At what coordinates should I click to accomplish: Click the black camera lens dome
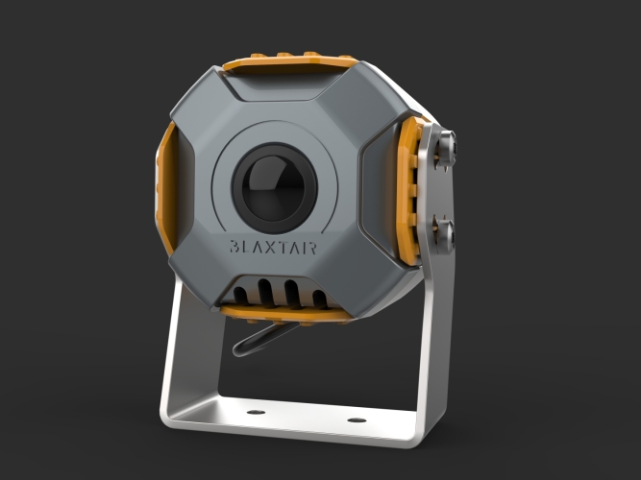pyautogui.click(x=274, y=188)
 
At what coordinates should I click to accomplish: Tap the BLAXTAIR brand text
pyautogui.click(x=273, y=247)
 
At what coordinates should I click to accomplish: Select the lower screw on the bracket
pyautogui.click(x=444, y=236)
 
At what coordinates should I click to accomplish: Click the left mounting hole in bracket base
pyautogui.click(x=256, y=412)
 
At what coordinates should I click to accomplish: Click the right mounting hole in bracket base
pyautogui.click(x=357, y=420)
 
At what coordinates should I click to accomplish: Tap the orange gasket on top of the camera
pyautogui.click(x=291, y=62)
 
